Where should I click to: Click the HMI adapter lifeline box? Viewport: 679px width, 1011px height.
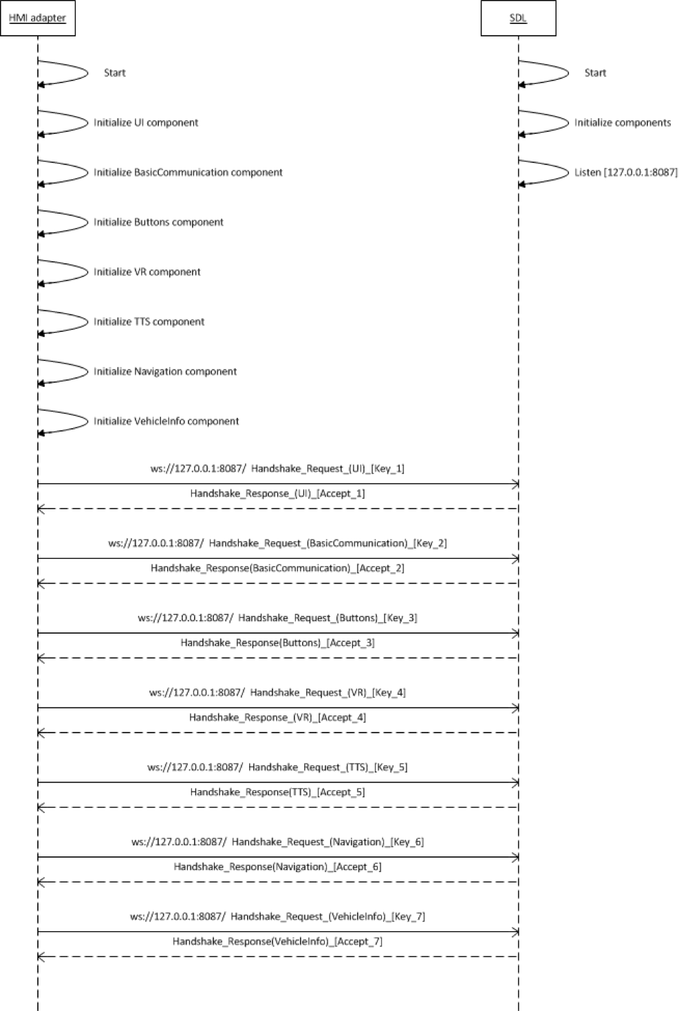[x=37, y=19]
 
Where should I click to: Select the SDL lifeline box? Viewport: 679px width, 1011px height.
[x=518, y=19]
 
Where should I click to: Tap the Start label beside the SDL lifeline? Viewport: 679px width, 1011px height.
[x=595, y=73]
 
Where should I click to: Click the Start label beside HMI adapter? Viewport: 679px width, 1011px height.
[x=114, y=73]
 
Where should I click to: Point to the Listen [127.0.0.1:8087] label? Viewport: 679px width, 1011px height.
[x=625, y=173]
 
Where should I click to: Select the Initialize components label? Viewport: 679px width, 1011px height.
[x=622, y=123]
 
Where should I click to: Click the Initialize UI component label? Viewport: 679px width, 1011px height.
[x=146, y=123]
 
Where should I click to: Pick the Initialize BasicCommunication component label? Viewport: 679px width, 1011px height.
[x=188, y=173]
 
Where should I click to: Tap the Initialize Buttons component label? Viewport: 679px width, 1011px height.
[x=158, y=223]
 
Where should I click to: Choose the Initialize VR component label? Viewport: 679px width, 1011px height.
[x=147, y=272]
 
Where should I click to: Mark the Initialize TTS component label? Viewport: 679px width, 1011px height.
[x=149, y=322]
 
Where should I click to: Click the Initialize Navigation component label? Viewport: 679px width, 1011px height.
[x=165, y=372]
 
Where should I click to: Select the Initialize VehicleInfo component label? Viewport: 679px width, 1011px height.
[x=166, y=421]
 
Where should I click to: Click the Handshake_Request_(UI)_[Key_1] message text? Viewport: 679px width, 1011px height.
[x=327, y=469]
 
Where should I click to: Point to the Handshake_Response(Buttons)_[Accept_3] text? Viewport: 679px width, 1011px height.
[x=277, y=643]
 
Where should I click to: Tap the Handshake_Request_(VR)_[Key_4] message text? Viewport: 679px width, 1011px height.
[x=327, y=693]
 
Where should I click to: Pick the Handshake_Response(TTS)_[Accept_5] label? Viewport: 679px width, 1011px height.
[x=277, y=792]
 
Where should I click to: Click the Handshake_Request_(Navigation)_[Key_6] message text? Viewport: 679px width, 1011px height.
[x=327, y=842]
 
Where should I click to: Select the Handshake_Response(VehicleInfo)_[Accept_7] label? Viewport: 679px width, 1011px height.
[x=277, y=942]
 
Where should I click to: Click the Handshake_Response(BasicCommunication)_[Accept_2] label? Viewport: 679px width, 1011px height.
[x=277, y=568]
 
